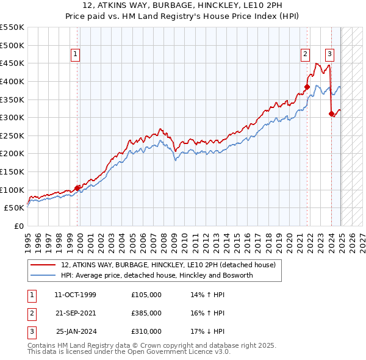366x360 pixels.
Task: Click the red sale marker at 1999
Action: pyautogui.click(x=77, y=188)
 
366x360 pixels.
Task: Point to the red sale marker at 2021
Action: pyautogui.click(x=307, y=87)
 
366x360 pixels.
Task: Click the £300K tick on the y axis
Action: pyautogui.click(x=12, y=117)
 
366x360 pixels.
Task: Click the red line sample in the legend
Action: pyautogui.click(x=43, y=265)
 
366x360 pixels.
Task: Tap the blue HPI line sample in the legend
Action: pyautogui.click(x=43, y=275)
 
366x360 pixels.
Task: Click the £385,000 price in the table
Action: pyautogui.click(x=146, y=313)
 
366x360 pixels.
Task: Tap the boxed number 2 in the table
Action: pyautogui.click(x=31, y=313)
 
